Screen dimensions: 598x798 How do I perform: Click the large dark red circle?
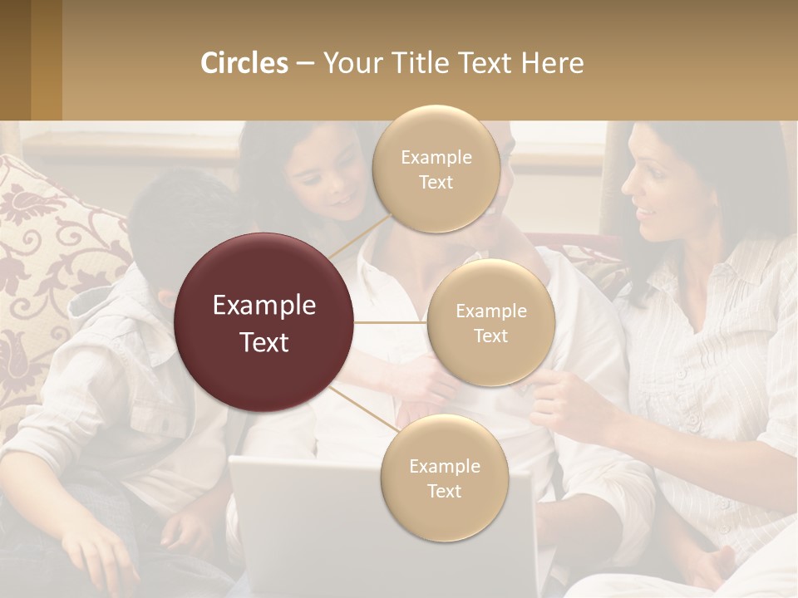[x=264, y=322]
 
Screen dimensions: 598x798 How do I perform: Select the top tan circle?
[x=436, y=169]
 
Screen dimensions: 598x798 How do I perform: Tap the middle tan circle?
[x=490, y=322]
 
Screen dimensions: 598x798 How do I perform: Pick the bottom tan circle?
[x=444, y=478]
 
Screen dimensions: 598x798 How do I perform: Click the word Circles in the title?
[x=244, y=63]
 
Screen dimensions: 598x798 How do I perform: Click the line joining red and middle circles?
[x=391, y=322]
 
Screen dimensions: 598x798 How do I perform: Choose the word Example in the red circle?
[x=264, y=305]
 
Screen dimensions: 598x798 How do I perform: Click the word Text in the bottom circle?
[x=444, y=491]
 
